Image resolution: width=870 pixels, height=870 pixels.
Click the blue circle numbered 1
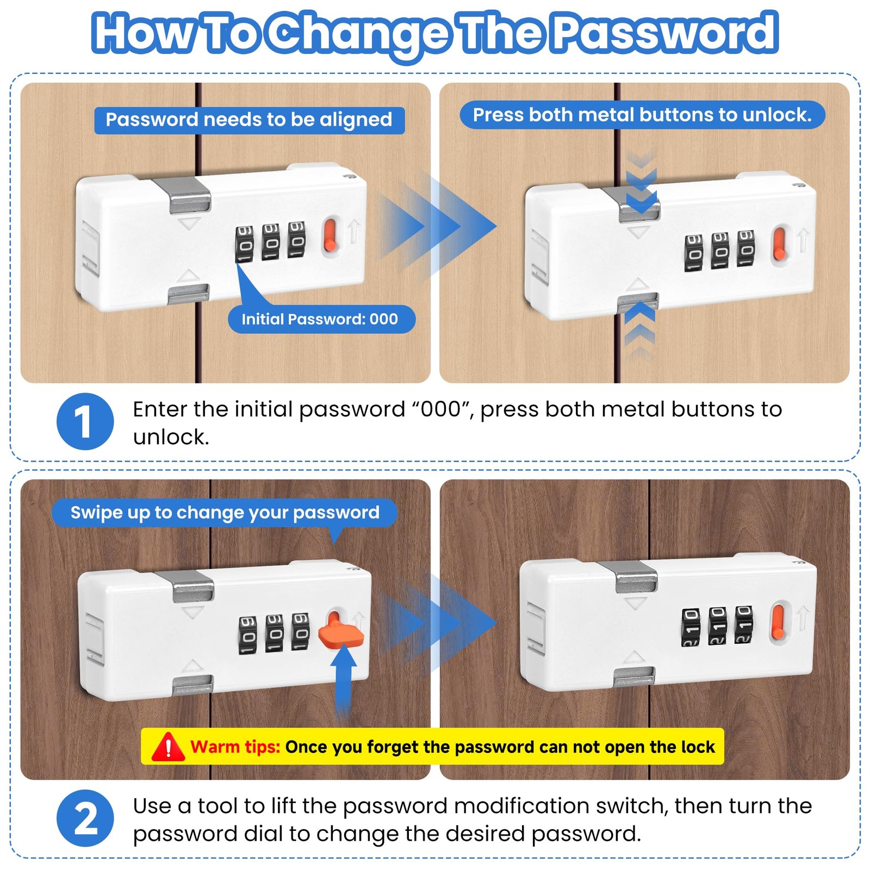pyautogui.click(x=85, y=421)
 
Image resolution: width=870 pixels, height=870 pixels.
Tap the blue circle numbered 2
pyautogui.click(x=85, y=818)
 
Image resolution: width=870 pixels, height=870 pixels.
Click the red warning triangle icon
pyautogui.click(x=168, y=746)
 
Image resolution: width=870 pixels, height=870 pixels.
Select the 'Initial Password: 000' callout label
pyautogui.click(x=321, y=319)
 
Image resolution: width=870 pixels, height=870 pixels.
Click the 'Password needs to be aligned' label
pyautogui.click(x=249, y=120)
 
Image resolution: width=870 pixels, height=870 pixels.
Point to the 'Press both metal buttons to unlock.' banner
pyautogui.click(x=642, y=115)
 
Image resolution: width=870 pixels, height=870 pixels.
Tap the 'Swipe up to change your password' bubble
pyautogui.click(x=225, y=513)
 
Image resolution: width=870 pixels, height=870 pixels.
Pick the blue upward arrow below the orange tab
pyautogui.click(x=344, y=680)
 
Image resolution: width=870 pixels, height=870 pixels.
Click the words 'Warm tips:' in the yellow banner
pyautogui.click(x=235, y=747)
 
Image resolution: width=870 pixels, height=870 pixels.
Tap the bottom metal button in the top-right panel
pyautogui.click(x=638, y=302)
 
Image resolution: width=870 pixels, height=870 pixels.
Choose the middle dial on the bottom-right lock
pyautogui.click(x=717, y=626)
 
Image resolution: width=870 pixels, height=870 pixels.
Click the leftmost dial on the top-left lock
pyautogui.click(x=244, y=244)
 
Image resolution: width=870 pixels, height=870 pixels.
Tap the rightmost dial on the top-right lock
pyautogui.click(x=745, y=248)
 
